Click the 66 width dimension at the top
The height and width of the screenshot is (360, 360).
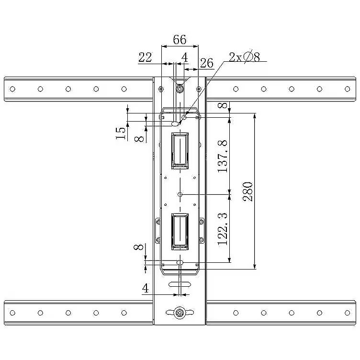(x=180, y=39)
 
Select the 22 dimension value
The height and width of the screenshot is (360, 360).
(x=145, y=57)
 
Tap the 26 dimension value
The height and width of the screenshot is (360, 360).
(x=207, y=63)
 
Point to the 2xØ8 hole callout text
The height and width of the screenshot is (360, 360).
(x=244, y=56)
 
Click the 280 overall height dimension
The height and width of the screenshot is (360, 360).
(x=248, y=191)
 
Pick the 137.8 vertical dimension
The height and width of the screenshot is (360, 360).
(x=222, y=156)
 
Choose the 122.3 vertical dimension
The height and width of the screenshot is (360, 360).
(x=222, y=229)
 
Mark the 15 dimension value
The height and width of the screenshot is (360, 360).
(x=121, y=133)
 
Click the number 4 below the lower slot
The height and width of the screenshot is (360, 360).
(x=146, y=288)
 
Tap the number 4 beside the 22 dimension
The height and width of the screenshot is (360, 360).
(x=185, y=57)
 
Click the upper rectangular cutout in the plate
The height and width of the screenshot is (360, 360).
(x=180, y=151)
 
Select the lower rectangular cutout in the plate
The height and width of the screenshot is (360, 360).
(x=180, y=231)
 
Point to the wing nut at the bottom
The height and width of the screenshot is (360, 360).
(x=180, y=313)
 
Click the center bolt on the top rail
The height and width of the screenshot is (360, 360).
(x=180, y=89)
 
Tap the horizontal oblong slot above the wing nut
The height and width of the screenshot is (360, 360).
(x=180, y=284)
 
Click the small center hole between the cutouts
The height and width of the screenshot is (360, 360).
(x=180, y=194)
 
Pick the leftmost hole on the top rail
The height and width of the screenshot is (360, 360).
(x=12, y=89)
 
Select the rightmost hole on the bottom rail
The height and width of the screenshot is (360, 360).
(x=348, y=313)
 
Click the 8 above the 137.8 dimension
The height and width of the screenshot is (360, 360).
(x=222, y=106)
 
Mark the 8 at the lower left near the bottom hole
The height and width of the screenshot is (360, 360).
(x=138, y=247)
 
